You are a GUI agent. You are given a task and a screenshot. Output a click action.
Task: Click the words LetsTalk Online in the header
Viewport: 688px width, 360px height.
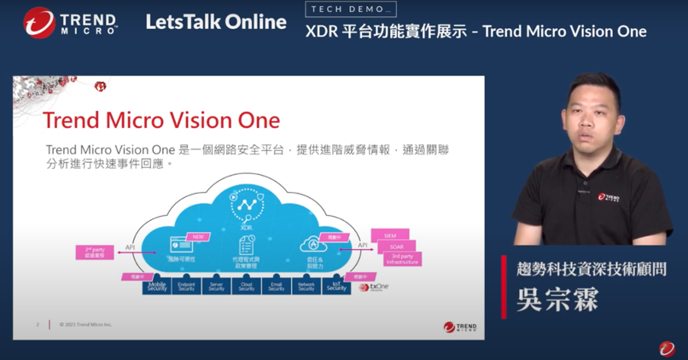pos(215,22)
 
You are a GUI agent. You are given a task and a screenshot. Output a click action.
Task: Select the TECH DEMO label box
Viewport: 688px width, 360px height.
pos(350,9)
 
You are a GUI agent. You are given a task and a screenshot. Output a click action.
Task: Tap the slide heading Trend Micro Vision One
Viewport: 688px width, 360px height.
pos(161,118)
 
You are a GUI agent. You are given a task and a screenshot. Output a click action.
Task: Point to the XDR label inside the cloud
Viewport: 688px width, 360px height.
pos(247,228)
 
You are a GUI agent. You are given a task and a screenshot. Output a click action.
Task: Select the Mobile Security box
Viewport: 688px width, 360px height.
pos(157,286)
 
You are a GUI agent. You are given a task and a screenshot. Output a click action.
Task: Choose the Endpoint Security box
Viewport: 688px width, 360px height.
pos(187,286)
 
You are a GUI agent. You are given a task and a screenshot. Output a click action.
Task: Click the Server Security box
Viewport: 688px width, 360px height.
pos(217,286)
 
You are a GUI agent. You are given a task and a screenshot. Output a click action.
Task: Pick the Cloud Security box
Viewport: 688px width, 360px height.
pos(247,286)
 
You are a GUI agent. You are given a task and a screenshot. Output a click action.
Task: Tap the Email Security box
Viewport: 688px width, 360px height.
pos(277,286)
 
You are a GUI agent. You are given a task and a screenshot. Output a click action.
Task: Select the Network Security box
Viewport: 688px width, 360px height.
pos(306,286)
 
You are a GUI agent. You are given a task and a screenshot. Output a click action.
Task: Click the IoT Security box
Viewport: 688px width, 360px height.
pos(336,286)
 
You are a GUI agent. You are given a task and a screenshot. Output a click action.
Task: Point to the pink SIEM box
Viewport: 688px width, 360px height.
pos(389,235)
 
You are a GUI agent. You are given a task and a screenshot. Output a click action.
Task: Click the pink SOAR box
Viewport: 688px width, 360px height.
pos(394,247)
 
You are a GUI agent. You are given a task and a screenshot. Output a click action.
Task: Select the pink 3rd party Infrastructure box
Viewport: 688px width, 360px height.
pos(400,259)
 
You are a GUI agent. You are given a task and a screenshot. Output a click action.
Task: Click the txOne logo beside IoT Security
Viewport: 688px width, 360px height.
pos(375,287)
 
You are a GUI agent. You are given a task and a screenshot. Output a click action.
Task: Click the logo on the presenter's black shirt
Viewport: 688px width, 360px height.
pos(609,198)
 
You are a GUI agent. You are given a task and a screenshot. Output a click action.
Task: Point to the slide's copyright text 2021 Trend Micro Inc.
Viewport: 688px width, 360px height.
pos(86,324)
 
